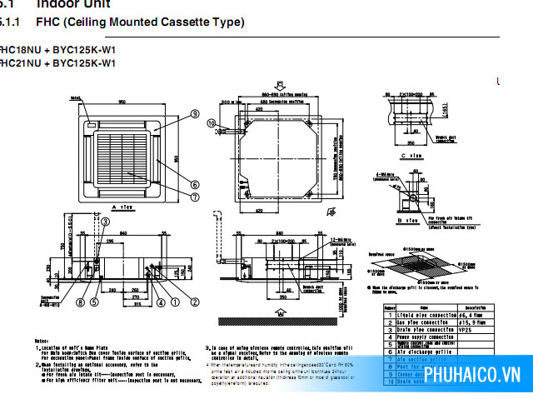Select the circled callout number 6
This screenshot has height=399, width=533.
coord(194,185)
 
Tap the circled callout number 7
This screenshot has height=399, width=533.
coord(194,197)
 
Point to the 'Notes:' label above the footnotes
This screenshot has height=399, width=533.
coord(42,342)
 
